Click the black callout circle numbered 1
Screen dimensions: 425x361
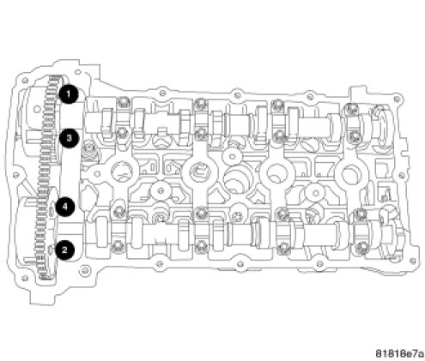[x=69, y=93]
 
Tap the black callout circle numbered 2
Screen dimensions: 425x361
[x=64, y=250]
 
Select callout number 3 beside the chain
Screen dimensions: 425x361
[x=69, y=138]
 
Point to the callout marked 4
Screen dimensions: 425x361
[x=65, y=207]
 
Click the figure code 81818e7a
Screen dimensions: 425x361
[x=399, y=353]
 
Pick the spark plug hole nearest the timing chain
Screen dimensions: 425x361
[x=121, y=172]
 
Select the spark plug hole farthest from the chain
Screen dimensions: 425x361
[x=350, y=173]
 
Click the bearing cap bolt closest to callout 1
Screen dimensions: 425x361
[x=124, y=102]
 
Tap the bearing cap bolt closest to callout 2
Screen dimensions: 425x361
[x=118, y=246]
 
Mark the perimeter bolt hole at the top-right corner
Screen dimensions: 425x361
[x=397, y=99]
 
